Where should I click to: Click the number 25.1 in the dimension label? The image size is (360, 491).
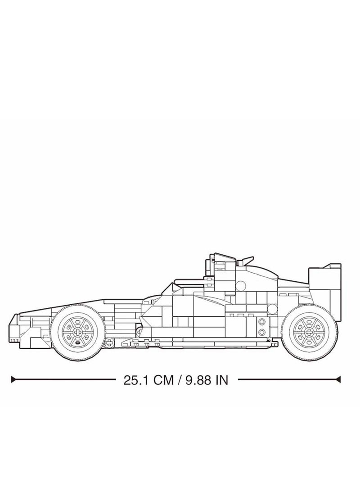point(135,380)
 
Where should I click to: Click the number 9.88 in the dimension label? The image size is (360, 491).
point(197,380)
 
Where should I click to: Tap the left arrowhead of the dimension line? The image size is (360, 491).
point(14,380)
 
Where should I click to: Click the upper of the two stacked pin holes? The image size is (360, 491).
point(262,323)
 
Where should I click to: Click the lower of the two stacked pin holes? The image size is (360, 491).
point(262,332)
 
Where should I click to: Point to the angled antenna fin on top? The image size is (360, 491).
point(247,260)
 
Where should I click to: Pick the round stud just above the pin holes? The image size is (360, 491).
point(272,308)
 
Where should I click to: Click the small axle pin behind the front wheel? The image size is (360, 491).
point(108,343)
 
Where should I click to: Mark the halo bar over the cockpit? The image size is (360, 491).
point(189,281)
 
